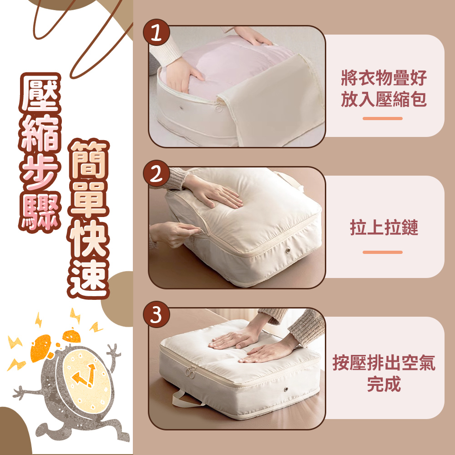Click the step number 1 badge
tap(157, 32)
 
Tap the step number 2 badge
tap(157, 173)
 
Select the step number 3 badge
tap(157, 314)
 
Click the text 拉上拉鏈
tap(384, 227)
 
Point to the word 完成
tap(384, 384)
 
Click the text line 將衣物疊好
tap(384, 78)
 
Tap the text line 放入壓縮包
tap(384, 99)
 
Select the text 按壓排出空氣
tap(384, 363)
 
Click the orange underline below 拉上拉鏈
tap(383, 252)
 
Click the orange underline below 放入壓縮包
tap(383, 118)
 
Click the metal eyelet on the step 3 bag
tap(286, 389)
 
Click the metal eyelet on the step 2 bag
tap(288, 250)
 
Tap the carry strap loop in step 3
tap(186, 399)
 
